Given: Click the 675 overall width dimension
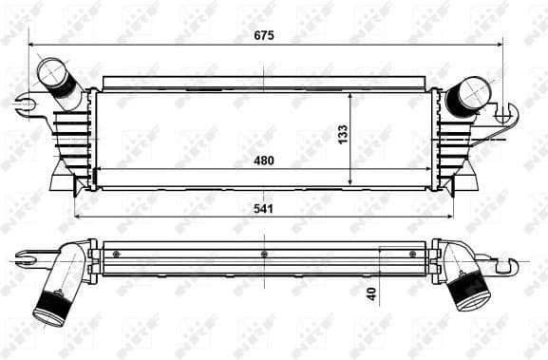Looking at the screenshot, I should tap(264, 35).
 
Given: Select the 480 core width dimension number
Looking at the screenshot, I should tap(264, 161).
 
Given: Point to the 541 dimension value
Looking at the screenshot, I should tap(264, 208).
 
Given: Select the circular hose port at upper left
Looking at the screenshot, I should tap(49, 71).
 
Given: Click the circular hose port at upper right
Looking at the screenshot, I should tap(474, 92).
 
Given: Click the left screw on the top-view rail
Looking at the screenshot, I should tap(116, 254).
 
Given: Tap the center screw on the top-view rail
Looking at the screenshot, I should tap(263, 254).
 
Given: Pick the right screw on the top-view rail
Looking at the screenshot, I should tap(411, 254).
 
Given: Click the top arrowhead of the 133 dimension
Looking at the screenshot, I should tap(351, 95).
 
